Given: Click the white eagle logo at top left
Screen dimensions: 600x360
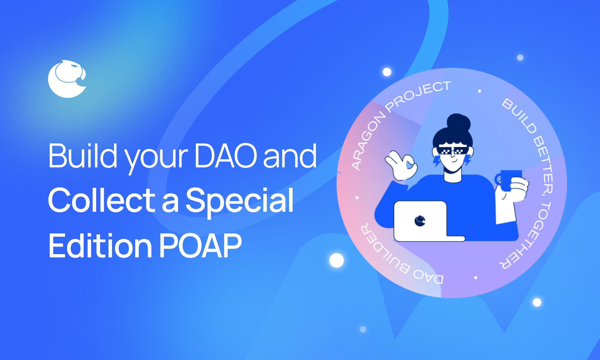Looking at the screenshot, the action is coord(67,79).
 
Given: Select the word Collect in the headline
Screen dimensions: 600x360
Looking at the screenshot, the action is coord(102,200).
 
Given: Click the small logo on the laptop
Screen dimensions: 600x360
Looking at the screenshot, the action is coord(420,221).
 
